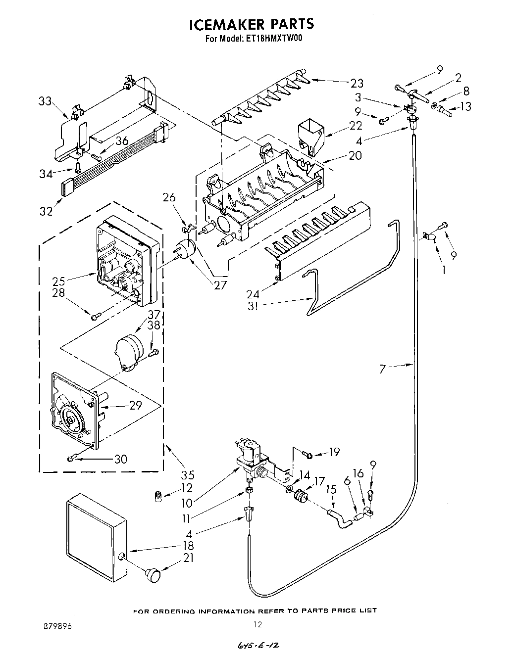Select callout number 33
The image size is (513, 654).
tap(45, 101)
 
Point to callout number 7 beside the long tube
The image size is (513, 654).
tap(382, 369)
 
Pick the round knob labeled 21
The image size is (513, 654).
tap(153, 575)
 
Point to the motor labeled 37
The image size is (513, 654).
tap(128, 349)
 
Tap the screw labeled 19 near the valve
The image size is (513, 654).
tap(307, 453)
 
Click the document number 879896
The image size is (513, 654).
tap(58, 626)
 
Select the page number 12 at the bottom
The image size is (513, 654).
tap(257, 625)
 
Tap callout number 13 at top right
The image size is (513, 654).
tap(465, 106)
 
